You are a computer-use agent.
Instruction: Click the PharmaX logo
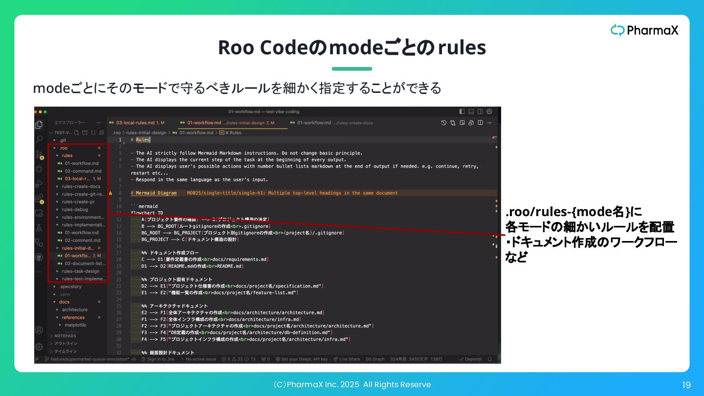644,30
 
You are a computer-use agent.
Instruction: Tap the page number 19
686,385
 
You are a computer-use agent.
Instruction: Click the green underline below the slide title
352,69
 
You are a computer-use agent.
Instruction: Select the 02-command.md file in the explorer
83,171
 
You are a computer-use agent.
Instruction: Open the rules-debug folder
75,210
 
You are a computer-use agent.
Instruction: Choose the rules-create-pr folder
78,202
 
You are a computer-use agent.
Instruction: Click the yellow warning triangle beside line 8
110,193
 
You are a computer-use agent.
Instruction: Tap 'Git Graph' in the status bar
375,359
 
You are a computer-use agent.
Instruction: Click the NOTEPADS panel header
65,336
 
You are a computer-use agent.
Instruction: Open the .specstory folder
70,286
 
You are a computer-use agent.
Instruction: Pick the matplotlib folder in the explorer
75,325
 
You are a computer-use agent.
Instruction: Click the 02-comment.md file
82,241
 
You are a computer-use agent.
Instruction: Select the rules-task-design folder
80,271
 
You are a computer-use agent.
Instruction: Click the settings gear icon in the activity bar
39,347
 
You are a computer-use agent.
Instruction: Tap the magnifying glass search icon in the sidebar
39,139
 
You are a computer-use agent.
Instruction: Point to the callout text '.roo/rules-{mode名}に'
573,212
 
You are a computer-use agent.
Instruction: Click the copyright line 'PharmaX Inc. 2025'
352,385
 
